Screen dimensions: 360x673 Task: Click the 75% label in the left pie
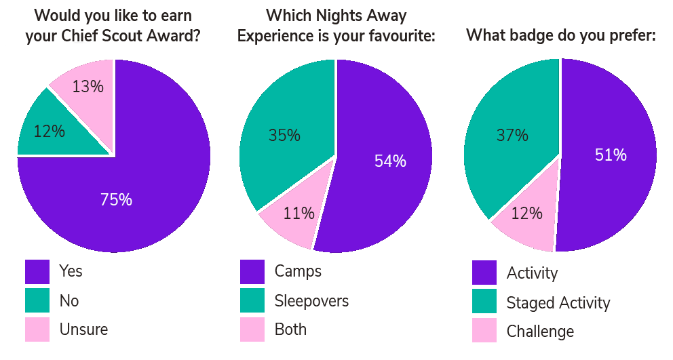116,200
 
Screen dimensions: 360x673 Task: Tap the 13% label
88,87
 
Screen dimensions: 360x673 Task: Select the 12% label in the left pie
49,132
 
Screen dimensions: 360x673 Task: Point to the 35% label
284,135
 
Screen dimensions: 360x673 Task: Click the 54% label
390,161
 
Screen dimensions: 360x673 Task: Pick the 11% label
299,214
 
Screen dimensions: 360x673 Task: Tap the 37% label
512,135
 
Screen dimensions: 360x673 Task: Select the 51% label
611,155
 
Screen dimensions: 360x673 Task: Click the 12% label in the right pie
526,214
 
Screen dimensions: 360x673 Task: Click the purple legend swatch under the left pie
37,272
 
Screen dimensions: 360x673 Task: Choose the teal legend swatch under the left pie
37,301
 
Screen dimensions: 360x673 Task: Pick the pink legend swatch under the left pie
37,329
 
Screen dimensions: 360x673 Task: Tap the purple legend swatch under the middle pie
252,272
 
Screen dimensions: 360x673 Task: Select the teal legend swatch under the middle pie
252,301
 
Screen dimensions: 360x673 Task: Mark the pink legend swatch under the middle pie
252,329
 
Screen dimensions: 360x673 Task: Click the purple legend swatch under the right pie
484,273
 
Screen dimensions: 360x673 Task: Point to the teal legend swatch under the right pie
484,302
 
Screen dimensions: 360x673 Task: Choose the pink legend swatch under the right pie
484,331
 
